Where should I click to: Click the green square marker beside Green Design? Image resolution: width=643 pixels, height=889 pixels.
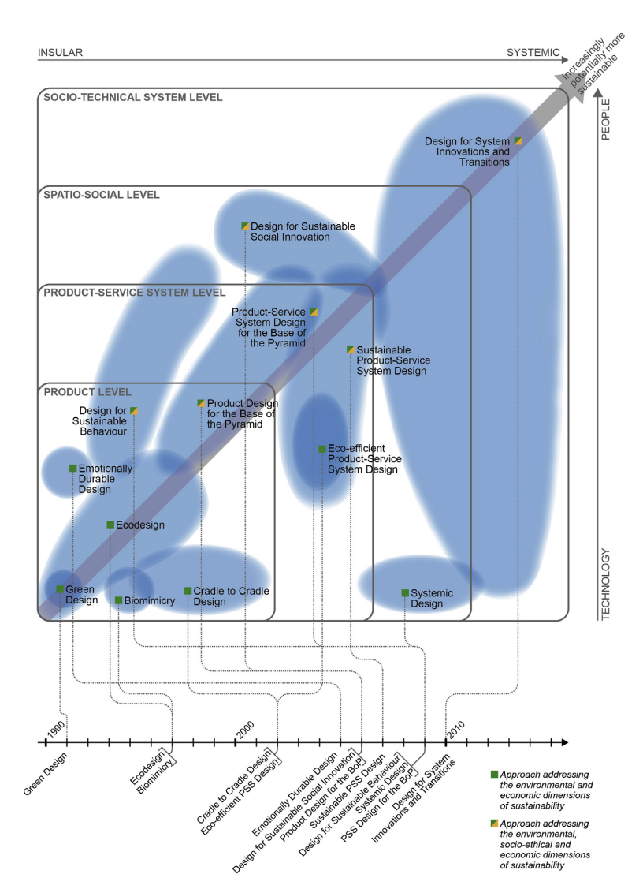60,589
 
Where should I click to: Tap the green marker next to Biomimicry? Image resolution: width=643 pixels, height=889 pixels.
118,600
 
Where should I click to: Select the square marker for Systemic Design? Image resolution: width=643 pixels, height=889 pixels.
405,592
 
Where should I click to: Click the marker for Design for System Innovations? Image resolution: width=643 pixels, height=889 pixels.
518,141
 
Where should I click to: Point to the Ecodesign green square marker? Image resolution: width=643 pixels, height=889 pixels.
110,524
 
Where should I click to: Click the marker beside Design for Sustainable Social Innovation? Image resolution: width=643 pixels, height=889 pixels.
245,226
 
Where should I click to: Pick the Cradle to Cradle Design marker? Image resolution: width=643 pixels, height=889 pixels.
188,591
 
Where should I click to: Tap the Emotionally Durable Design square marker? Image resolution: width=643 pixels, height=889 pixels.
72,469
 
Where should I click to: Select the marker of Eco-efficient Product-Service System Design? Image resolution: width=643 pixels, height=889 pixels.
321,449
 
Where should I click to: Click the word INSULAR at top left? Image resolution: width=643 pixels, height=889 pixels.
61,54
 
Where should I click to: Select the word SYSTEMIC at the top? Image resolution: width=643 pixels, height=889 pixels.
533,54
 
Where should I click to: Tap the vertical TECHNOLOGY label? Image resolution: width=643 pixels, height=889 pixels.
606,585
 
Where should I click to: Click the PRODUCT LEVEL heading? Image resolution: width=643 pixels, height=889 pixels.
87,392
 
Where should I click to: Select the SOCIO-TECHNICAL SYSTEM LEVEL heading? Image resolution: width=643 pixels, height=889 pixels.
133,98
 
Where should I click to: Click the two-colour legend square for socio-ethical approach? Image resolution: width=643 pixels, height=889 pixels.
494,824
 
